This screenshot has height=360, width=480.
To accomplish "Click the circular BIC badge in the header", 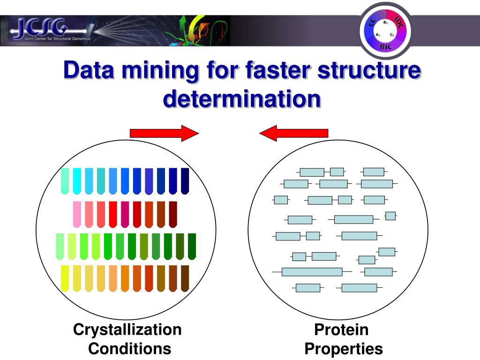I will (385, 29).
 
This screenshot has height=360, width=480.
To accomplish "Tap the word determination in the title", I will (242, 98).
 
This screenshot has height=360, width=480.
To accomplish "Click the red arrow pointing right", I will (164, 133).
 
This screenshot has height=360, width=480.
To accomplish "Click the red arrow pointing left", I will (294, 133).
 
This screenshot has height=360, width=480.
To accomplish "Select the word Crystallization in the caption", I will (127, 330).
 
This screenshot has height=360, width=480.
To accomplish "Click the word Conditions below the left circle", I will (129, 349).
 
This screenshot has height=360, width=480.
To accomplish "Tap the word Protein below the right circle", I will (341, 330).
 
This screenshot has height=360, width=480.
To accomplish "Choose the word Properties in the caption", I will (343, 349).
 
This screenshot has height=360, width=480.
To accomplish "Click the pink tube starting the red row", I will (77, 214).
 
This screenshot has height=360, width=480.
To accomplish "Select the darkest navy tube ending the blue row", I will (185, 180).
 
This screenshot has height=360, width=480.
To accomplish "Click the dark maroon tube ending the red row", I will (173, 214).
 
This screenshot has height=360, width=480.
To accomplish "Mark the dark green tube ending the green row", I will (192, 246).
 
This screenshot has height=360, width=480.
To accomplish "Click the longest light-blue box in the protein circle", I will (312, 272).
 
